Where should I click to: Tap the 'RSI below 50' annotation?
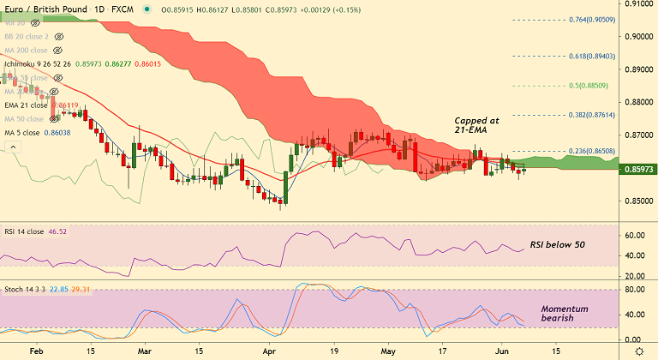557,245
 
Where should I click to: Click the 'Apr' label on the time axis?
270,351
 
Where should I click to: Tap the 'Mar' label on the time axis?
143,351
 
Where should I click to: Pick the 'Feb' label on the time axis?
35,351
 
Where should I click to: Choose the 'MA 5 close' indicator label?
26,133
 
